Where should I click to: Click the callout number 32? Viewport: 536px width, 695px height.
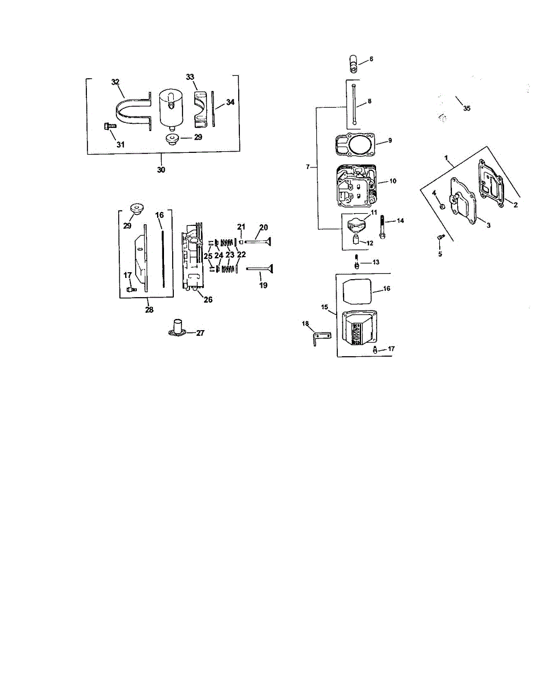click(115, 82)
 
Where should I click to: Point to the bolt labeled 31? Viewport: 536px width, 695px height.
click(110, 126)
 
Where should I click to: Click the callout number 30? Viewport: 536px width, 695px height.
click(161, 170)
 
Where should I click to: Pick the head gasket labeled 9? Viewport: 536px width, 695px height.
click(356, 145)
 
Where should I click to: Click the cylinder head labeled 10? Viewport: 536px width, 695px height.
click(356, 186)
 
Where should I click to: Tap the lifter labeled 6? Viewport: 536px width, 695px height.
click(353, 64)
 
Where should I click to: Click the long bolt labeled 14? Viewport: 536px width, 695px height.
click(382, 227)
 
